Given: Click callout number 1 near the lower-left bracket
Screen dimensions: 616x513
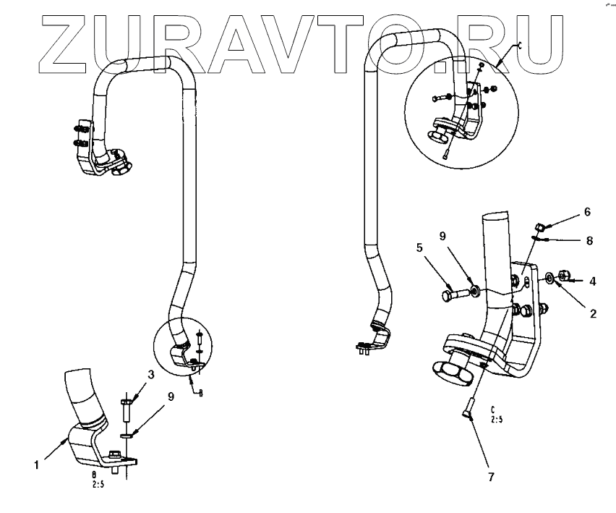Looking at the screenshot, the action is pyautogui.click(x=35, y=466).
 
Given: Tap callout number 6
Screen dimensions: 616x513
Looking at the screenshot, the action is pyautogui.click(x=587, y=212).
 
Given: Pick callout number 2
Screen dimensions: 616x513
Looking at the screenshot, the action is pyautogui.click(x=592, y=313).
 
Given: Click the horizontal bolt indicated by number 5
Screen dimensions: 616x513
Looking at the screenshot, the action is pyautogui.click(x=454, y=294).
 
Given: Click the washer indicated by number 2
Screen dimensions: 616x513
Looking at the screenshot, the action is pyautogui.click(x=551, y=277).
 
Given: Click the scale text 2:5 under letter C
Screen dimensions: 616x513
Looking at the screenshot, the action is pyautogui.click(x=497, y=419).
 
